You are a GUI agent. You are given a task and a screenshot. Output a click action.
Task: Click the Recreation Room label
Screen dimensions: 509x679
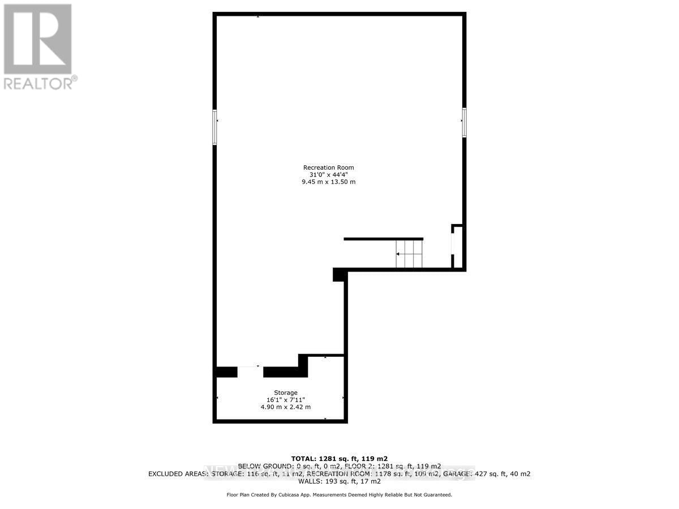point(329,167)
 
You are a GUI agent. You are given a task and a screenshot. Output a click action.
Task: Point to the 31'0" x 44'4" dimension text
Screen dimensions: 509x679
point(329,175)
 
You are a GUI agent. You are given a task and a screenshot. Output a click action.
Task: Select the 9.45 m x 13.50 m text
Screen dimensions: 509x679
point(329,182)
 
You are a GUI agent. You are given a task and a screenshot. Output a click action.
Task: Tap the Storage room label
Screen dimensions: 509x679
point(286,392)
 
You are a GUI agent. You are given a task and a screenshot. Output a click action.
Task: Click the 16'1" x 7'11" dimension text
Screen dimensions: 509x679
point(286,400)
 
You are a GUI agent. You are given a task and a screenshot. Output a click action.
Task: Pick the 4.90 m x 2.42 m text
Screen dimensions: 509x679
point(286,407)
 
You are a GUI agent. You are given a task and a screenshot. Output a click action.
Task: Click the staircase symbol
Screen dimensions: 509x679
point(409,254)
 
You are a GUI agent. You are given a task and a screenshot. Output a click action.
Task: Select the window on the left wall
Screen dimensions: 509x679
point(215,127)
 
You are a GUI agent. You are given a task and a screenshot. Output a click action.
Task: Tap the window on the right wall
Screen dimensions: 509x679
point(464,123)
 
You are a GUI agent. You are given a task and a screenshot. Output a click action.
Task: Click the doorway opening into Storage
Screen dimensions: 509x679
point(250,372)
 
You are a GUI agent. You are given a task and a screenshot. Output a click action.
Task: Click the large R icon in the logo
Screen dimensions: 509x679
point(38,39)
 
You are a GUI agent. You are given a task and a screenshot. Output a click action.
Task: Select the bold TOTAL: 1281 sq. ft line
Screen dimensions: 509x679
point(339,458)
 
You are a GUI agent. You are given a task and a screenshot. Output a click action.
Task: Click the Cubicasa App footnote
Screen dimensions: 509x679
point(339,495)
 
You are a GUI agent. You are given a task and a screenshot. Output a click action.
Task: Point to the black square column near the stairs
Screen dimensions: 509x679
point(339,275)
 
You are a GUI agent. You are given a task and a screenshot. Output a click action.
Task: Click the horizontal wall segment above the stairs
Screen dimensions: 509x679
point(383,239)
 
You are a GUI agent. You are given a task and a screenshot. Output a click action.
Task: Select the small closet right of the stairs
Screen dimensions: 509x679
point(458,248)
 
